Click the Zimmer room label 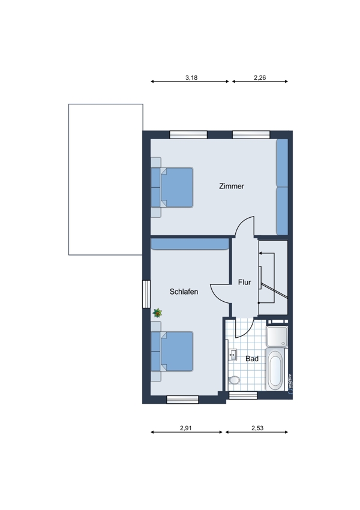click(231, 187)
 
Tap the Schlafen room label click(184, 292)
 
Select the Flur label click(244, 282)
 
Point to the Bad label click(252, 358)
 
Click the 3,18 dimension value click(191, 78)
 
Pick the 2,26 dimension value click(260, 78)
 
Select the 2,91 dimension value click(185, 428)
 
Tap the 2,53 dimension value click(257, 428)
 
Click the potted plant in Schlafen click(157, 313)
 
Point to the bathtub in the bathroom click(275, 369)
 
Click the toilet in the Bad click(234, 380)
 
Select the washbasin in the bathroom click(233, 355)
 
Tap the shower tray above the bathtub click(277, 337)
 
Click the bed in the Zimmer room click(172, 187)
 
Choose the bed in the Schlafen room click(172, 351)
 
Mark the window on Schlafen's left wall click(146, 294)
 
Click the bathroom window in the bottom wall click(243, 395)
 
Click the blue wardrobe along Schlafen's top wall click(190, 244)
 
